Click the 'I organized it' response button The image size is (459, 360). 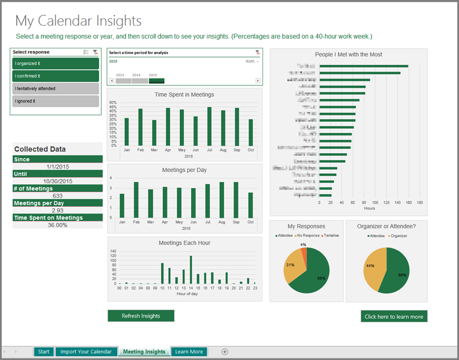[55, 63]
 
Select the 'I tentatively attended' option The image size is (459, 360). [55, 88]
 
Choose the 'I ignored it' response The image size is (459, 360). [55, 101]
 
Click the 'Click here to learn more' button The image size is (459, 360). [394, 317]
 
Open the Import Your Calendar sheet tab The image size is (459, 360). [86, 351]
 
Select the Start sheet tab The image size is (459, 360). [44, 351]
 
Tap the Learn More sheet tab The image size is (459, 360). [188, 351]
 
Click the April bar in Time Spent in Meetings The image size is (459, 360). [168, 127]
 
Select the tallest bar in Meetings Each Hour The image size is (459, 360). [190, 270]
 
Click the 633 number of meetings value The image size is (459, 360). [58, 195]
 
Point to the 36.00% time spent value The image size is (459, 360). [57, 225]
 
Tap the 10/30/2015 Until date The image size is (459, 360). [58, 181]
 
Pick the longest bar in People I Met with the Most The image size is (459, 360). [363, 66]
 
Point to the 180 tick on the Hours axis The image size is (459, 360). [420, 202]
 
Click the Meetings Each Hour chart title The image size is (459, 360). [184, 243]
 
